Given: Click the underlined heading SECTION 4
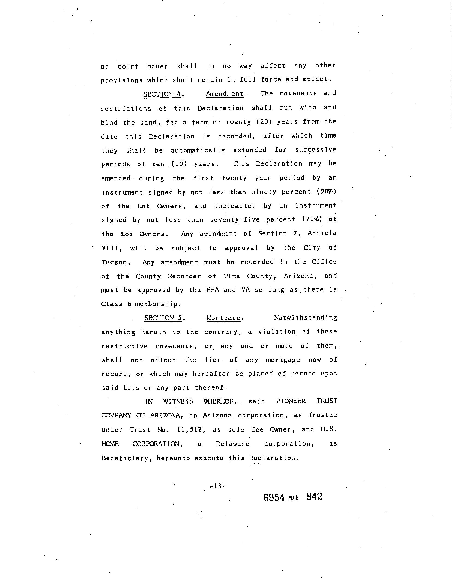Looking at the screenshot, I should [x=163, y=94].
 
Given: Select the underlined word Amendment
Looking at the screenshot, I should [x=225, y=94].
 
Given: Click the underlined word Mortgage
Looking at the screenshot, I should [x=224, y=318].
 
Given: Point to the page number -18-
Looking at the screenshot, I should [x=217, y=486].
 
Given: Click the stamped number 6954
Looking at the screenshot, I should [x=274, y=497].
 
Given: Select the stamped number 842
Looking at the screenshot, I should [x=314, y=496].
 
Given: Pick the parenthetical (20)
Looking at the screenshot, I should [x=264, y=122].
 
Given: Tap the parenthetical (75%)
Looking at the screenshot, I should [x=312, y=219].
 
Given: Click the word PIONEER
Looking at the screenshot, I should [x=291, y=401].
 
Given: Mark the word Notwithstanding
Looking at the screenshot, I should [x=306, y=318].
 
